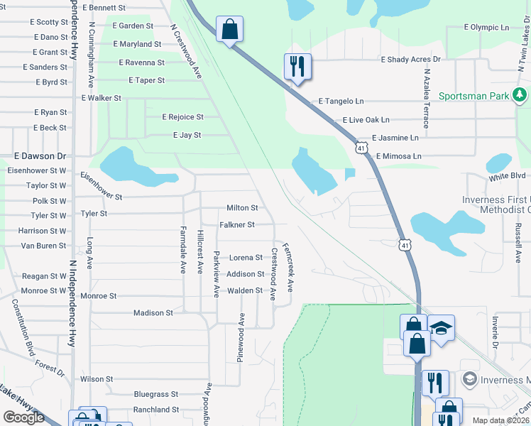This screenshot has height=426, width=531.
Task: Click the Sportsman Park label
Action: [473, 96]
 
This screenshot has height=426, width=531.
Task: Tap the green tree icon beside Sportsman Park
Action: [520, 94]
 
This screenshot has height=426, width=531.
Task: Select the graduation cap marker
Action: [441, 328]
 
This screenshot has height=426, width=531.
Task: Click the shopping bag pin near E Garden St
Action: [230, 30]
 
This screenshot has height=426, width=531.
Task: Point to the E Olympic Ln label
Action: [486, 27]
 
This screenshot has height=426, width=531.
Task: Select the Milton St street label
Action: [242, 208]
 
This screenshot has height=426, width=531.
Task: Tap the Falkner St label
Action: [236, 225]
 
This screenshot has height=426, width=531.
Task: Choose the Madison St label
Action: [153, 312]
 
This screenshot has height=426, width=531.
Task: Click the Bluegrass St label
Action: [156, 394]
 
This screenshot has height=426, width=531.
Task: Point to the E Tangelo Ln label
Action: [341, 102]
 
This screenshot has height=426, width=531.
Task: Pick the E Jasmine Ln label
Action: [395, 138]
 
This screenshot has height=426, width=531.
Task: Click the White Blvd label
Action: [506, 175]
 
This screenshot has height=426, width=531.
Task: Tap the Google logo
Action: [23, 417]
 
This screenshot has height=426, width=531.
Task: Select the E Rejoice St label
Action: [182, 117]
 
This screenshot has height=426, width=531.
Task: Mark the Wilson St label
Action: [97, 379]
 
